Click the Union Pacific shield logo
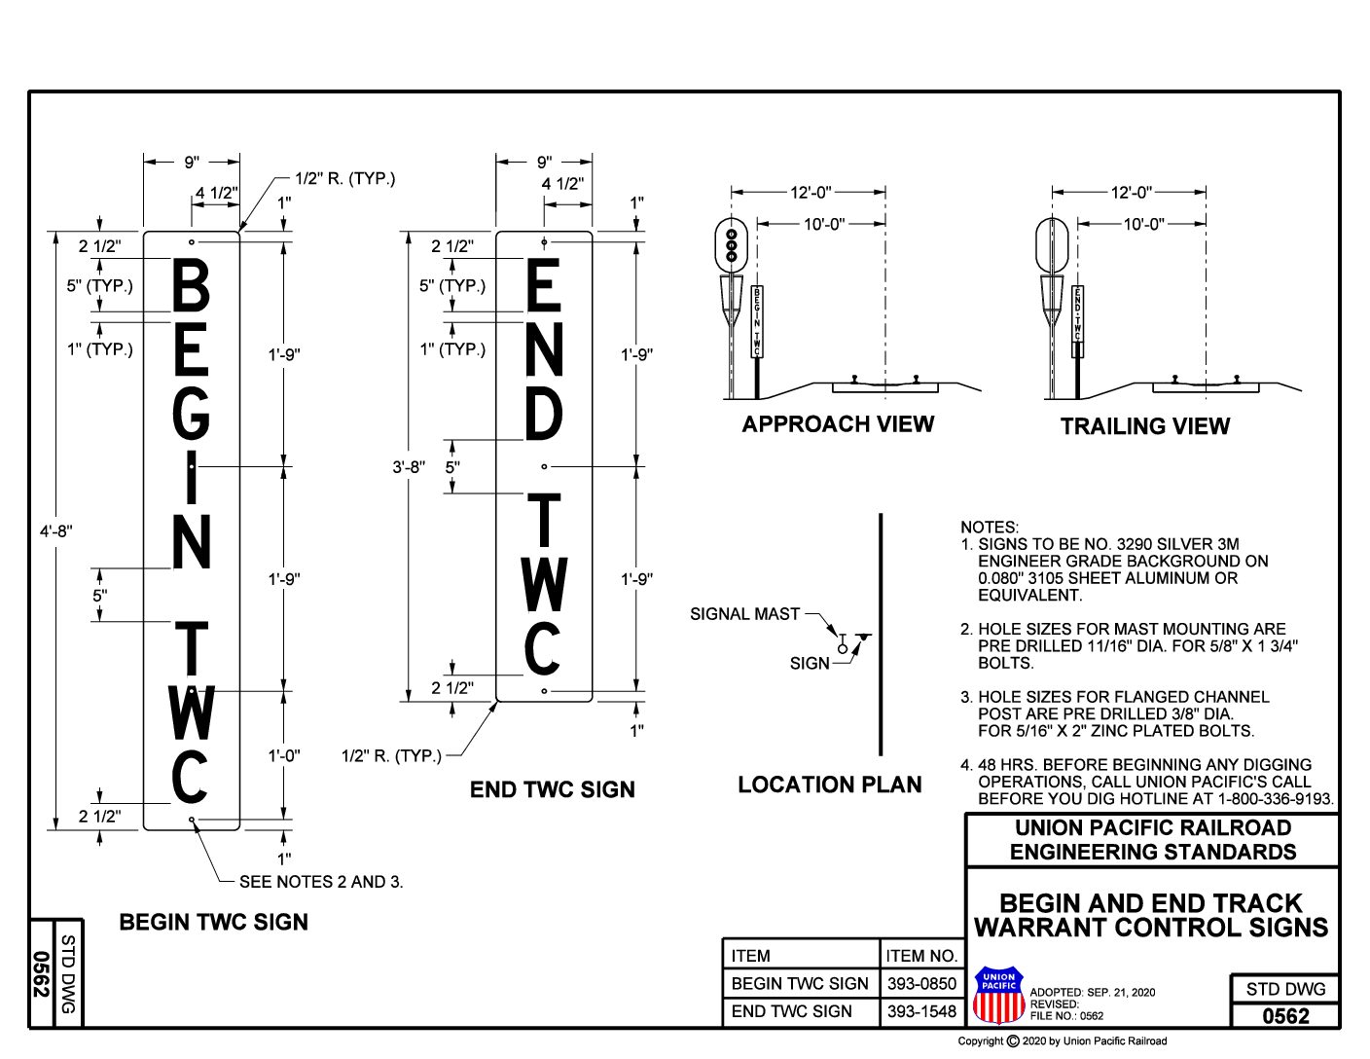pyautogui.click(x=998, y=996)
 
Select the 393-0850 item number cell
pyautogui.click(x=920, y=983)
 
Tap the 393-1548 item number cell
pyautogui.click(x=920, y=1011)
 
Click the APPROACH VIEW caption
pyautogui.click(x=838, y=424)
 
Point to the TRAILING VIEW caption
pyautogui.click(x=1144, y=426)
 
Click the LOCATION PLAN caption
pyautogui.click(x=829, y=785)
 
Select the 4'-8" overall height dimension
pyautogui.click(x=55, y=531)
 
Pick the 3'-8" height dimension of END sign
pyautogui.click(x=409, y=467)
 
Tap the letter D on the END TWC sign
pyautogui.click(x=544, y=414)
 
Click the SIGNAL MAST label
pyautogui.click(x=744, y=614)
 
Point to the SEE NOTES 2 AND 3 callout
pyautogui.click(x=321, y=882)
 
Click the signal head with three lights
pyautogui.click(x=730, y=243)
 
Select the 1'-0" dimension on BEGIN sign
pyautogui.click(x=284, y=755)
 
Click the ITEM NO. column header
pyautogui.click(x=920, y=956)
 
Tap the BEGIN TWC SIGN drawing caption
pyautogui.click(x=213, y=922)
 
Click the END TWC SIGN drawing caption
pyautogui.click(x=552, y=789)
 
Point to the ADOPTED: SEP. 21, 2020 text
pyautogui.click(x=1092, y=992)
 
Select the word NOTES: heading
pyautogui.click(x=989, y=527)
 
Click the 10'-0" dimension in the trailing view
pyautogui.click(x=1143, y=224)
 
